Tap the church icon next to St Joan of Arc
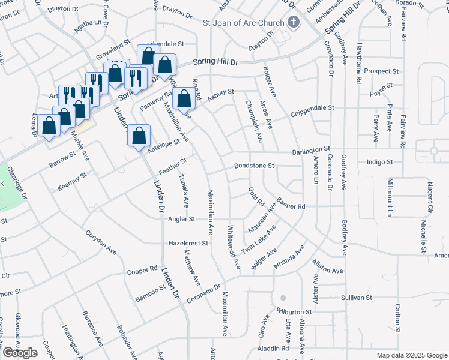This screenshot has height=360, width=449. point(294,23)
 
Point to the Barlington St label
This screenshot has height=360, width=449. point(312,149)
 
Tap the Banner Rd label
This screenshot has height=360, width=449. point(292,206)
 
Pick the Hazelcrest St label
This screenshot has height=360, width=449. point(188,244)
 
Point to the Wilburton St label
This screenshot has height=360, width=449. point(294,313)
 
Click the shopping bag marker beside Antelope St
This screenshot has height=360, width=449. point(139,135)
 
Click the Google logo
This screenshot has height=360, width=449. point(20,353)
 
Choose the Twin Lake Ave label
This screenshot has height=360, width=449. point(258,238)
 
